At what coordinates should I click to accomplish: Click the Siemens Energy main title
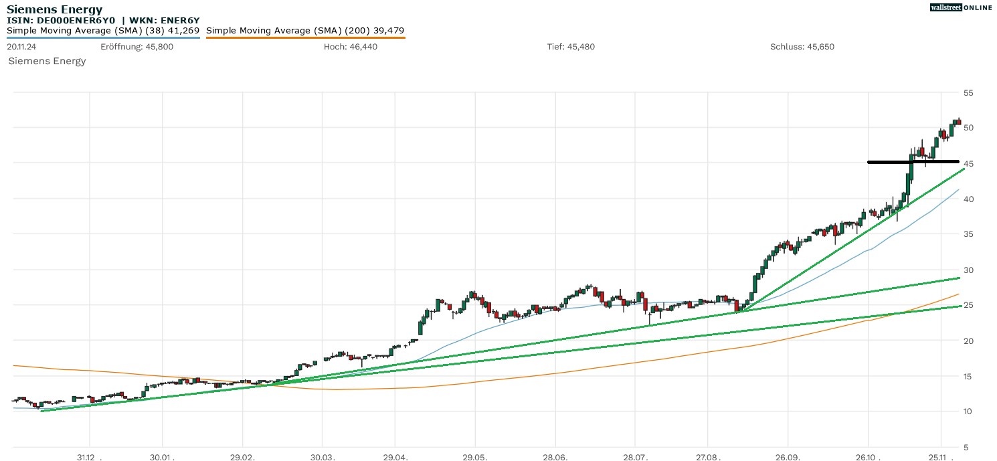coord(55,9)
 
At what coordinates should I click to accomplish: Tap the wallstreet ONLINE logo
coord(960,7)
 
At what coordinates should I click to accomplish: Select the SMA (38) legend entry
coord(103,31)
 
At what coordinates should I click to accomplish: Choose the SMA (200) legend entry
coord(305,31)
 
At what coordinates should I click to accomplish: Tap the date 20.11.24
coord(21,47)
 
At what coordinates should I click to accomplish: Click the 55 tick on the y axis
coord(968,92)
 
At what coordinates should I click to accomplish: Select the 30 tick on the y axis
coord(968,270)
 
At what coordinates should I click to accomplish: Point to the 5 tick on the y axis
coord(966,447)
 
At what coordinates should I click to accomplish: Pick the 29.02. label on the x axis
coord(243,458)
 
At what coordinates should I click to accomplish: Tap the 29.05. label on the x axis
coord(475,458)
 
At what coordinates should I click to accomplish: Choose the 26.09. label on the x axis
coord(788,458)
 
